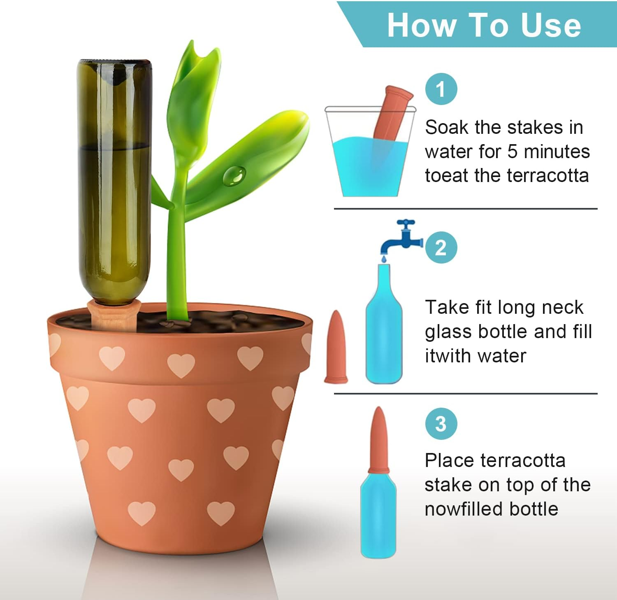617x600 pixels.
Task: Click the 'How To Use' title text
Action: click(x=484, y=25)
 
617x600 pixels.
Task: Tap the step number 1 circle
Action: click(x=441, y=89)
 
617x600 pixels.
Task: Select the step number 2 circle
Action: click(x=441, y=247)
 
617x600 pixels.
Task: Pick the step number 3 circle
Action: click(x=441, y=424)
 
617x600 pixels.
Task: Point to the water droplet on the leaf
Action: click(x=234, y=175)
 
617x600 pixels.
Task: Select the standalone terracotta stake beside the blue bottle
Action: click(x=336, y=348)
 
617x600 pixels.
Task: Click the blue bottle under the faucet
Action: click(x=384, y=329)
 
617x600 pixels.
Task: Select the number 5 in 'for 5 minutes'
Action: click(x=512, y=152)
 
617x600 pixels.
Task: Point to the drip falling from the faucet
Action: click(x=383, y=258)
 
